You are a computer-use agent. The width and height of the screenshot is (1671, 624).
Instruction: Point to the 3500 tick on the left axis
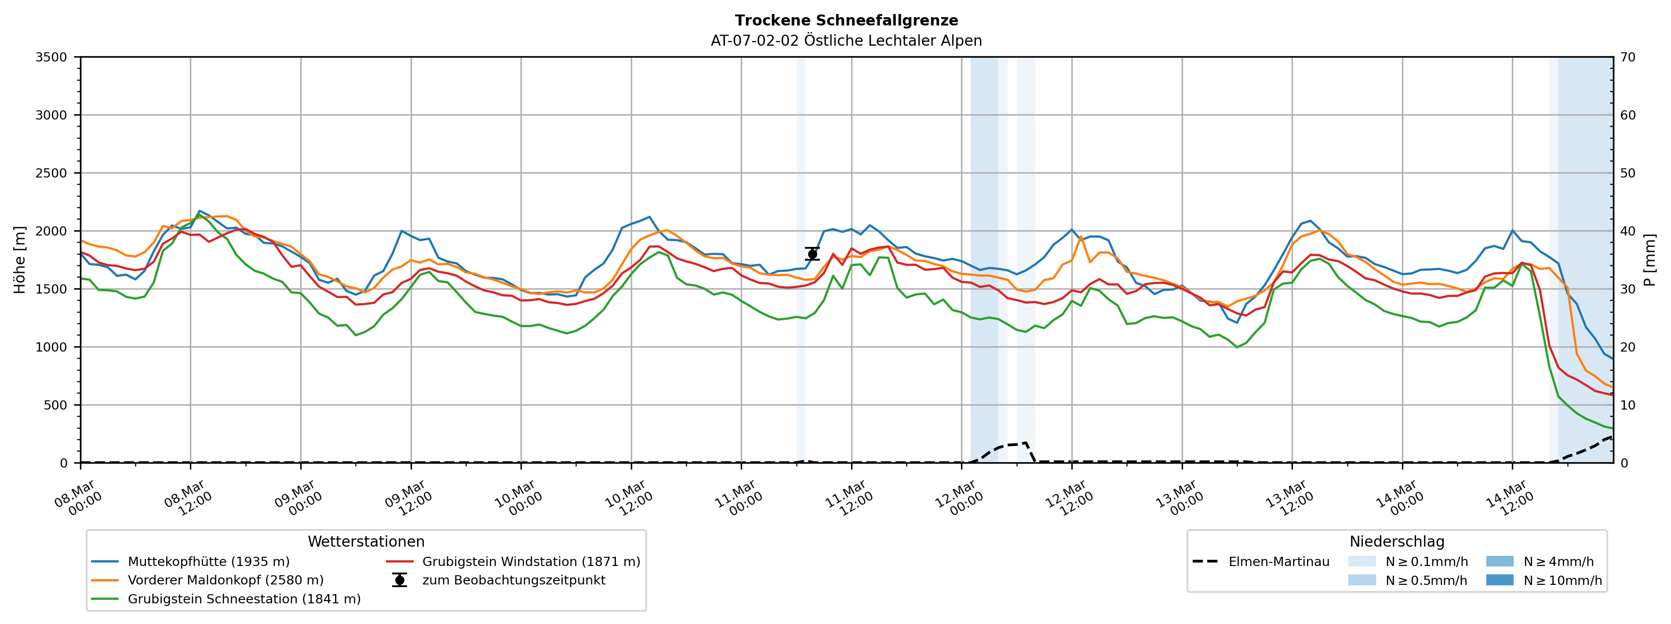pyautogui.click(x=51, y=57)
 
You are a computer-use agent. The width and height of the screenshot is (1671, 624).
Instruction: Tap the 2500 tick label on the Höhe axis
pyautogui.click(x=51, y=173)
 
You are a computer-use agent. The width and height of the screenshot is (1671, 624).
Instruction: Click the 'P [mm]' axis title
pyautogui.click(x=1649, y=259)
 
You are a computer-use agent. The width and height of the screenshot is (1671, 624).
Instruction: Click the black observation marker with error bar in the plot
pyautogui.click(x=812, y=254)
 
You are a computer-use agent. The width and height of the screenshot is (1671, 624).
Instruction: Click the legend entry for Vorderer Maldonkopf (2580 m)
pyautogui.click(x=225, y=580)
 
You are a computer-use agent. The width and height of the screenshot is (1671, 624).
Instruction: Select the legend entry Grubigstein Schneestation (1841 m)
pyautogui.click(x=244, y=599)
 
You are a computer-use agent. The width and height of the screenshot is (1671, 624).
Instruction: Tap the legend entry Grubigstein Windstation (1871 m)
pyautogui.click(x=531, y=562)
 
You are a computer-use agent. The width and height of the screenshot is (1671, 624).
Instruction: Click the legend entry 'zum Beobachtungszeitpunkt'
pyautogui.click(x=513, y=580)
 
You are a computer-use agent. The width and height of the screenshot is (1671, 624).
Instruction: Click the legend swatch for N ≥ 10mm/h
pyautogui.click(x=1500, y=580)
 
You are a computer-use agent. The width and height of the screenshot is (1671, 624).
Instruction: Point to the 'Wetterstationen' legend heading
pyautogui.click(x=366, y=542)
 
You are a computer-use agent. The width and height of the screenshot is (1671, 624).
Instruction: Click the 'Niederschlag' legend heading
pyautogui.click(x=1397, y=542)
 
